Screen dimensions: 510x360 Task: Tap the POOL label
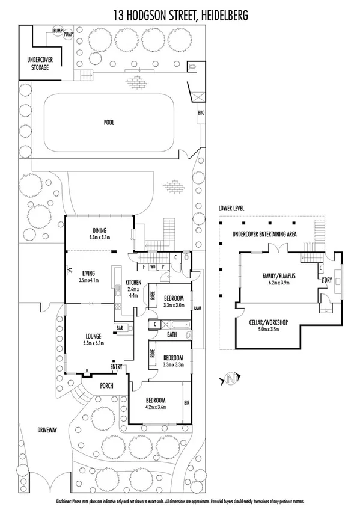[x=109, y=122]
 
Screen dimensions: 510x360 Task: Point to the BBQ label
[x=201, y=112]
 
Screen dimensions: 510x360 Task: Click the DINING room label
[x=99, y=230]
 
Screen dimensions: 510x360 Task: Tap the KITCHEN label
[x=133, y=282]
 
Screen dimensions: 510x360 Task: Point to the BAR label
[x=120, y=328]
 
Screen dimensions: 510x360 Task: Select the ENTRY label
[x=116, y=366]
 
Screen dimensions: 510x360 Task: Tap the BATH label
[x=171, y=334]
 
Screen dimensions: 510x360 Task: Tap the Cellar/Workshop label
[x=269, y=322]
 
